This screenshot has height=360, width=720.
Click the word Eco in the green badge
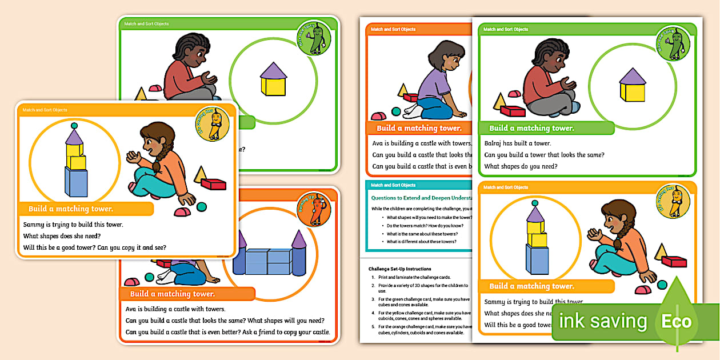[x=676, y=321]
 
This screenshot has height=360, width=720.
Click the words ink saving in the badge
[x=603, y=321]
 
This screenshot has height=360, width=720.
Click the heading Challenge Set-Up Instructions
[x=399, y=269]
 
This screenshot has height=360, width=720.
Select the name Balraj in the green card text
[x=494, y=143]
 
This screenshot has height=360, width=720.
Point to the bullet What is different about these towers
[x=421, y=242]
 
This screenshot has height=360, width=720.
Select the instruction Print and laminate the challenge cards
[x=414, y=277]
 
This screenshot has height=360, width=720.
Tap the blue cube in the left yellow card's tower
[x=76, y=182]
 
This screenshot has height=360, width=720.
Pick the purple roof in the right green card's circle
[x=632, y=76]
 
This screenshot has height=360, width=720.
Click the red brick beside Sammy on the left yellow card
[x=214, y=184]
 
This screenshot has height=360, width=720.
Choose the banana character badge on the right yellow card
[x=673, y=202]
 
